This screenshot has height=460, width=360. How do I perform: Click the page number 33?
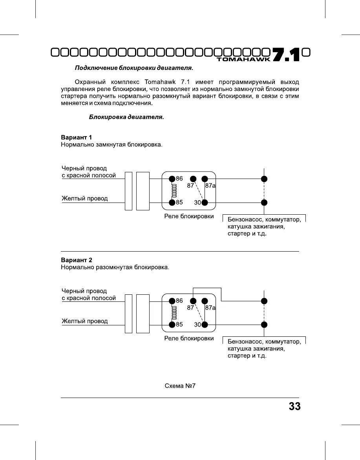[x=294, y=406]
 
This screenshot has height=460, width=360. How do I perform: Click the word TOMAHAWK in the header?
[x=243, y=59]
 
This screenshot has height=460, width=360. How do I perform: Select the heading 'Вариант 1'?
[x=76, y=137]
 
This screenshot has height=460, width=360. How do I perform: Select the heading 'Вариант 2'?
[x=76, y=260]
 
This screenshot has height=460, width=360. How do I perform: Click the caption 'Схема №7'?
[x=180, y=386]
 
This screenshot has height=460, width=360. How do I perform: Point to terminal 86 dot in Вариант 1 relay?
[x=172, y=179]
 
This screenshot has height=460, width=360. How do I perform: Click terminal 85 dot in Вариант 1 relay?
[x=172, y=203]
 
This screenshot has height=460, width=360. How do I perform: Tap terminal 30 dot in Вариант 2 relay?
[x=205, y=325]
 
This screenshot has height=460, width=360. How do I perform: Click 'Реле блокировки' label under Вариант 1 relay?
[x=189, y=216]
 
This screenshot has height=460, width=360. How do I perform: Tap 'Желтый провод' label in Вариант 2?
[x=84, y=321]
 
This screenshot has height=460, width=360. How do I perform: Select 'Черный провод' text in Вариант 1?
[x=84, y=168]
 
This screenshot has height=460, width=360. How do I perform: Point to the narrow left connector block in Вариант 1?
[x=128, y=191]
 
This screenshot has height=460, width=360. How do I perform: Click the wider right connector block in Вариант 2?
[x=143, y=313]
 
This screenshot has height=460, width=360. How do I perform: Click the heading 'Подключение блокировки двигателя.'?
[x=134, y=68]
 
